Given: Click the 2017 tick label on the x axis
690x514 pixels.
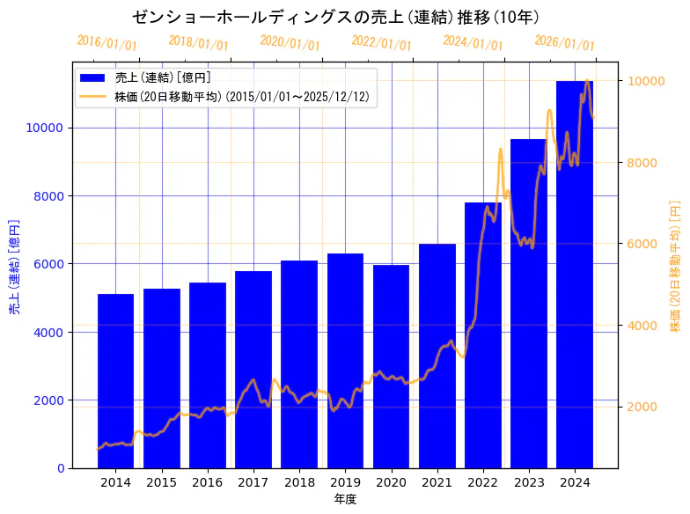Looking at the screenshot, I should coord(253,482).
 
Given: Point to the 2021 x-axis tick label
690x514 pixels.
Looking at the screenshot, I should coord(437,482).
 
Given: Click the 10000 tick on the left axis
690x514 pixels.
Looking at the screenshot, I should coord(46,128).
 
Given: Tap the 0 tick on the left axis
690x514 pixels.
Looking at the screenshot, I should coord(60,468).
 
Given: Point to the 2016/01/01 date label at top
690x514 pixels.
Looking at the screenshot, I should coord(107,43).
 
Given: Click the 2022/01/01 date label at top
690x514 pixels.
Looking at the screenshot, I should coord(381,43).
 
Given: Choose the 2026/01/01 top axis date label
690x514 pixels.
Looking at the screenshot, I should coord(564,43).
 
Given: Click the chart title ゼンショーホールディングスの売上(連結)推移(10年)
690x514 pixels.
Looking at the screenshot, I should coord(335,17).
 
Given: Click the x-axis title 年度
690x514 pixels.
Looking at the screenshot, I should coord(345,499).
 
